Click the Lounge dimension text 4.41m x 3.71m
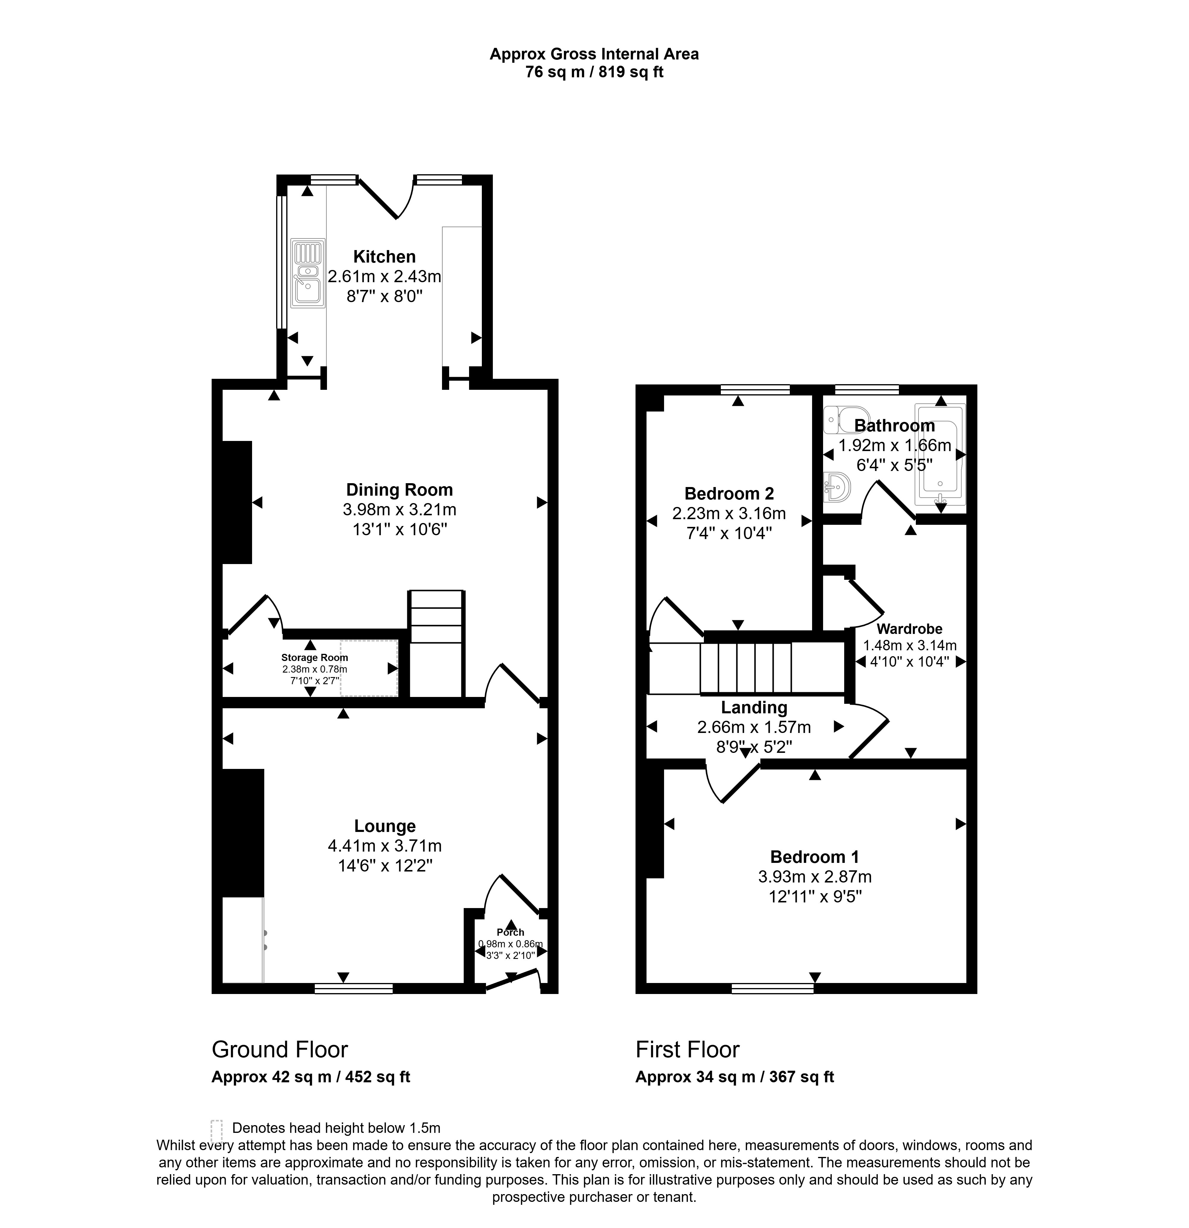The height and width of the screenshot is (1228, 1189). pos(385,846)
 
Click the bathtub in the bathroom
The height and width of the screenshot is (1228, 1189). pos(940,454)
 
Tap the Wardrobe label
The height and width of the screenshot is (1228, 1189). pos(910,629)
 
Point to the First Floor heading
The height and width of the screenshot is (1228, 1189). pos(687,1049)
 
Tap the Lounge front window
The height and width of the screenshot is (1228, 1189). pos(353,989)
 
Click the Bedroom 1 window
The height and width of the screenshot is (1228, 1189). pos(773,989)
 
